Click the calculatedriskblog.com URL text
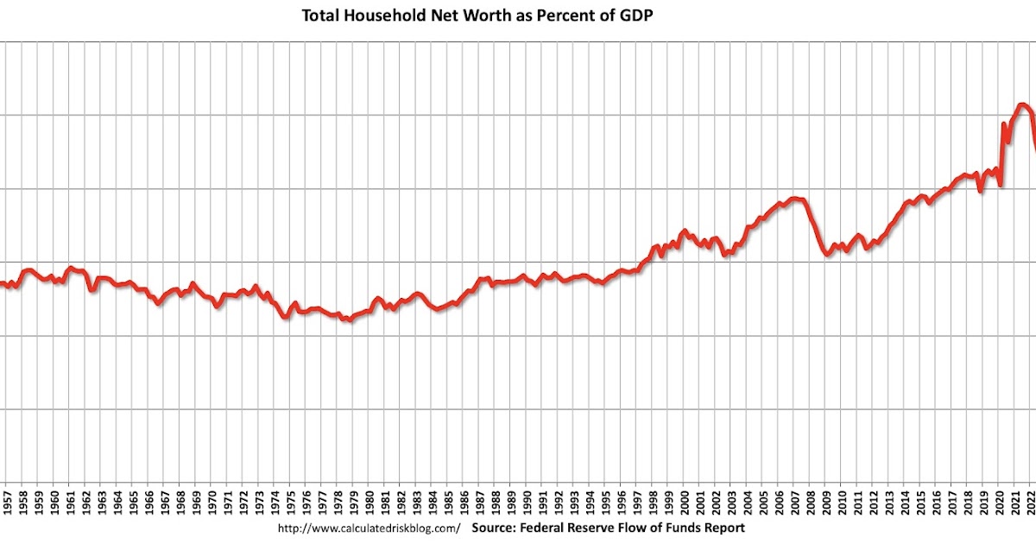click(369, 528)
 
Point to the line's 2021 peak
click(1022, 105)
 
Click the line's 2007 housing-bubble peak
click(796, 199)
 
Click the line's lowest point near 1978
click(348, 320)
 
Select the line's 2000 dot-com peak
click(685, 231)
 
